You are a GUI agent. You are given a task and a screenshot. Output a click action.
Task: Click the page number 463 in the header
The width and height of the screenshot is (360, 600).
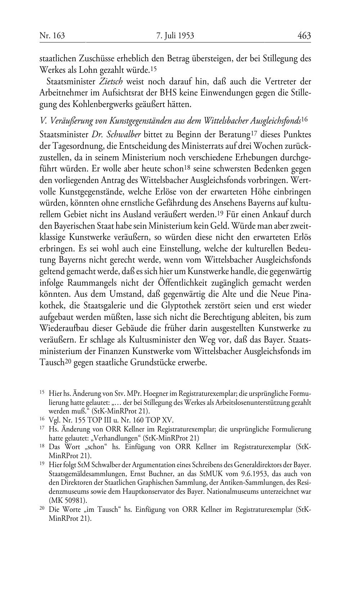[x=304, y=36]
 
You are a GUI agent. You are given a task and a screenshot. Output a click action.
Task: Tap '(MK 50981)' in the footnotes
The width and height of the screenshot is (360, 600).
[x=68, y=501]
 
